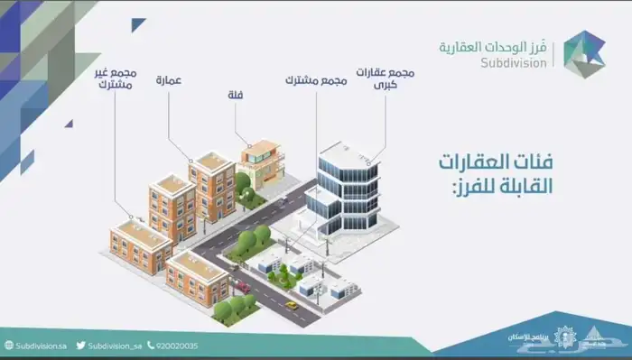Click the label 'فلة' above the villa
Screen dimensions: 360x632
238,93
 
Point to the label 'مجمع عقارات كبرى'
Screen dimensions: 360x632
386,77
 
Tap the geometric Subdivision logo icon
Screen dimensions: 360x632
586,51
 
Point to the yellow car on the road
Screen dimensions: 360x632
291,305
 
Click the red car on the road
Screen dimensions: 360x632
243,286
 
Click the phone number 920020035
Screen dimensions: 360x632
177,346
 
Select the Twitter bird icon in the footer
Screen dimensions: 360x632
81,346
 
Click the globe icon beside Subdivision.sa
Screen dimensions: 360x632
8,346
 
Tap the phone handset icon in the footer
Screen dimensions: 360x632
152,346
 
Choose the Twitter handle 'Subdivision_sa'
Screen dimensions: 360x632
116,346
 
